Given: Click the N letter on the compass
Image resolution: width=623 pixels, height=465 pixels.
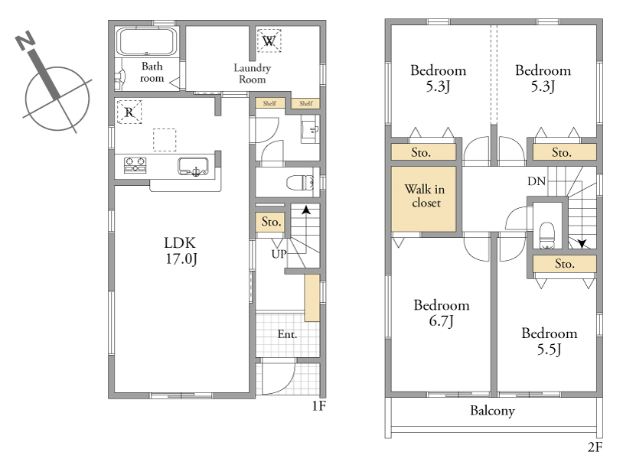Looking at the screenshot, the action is click(25, 40).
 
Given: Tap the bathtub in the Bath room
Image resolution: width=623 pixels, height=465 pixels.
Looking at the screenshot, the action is click(146, 42).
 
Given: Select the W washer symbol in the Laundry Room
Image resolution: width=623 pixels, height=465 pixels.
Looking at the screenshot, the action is click(269, 41).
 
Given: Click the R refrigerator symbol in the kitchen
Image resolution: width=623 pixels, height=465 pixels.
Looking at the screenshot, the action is click(129, 112).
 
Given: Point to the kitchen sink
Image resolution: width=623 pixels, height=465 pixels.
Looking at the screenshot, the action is click(193, 166).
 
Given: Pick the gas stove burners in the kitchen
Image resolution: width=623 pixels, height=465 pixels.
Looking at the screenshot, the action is click(135, 165).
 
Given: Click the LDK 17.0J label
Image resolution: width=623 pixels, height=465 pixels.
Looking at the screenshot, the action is click(181, 251).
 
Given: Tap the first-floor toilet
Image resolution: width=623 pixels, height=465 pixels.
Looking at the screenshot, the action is click(300, 183).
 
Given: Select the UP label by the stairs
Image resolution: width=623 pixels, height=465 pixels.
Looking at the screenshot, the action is click(279, 254).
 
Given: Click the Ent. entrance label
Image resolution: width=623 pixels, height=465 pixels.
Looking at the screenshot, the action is click(287, 334).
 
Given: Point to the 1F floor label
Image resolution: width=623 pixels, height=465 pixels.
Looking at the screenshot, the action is click(318, 406).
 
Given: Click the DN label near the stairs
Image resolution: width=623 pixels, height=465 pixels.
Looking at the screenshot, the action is click(537, 181).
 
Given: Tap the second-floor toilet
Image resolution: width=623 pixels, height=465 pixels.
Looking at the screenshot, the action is click(547, 235).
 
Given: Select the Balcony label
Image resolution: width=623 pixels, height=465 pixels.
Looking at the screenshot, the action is click(492, 411).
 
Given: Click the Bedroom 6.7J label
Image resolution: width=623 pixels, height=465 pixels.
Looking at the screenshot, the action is click(442, 313).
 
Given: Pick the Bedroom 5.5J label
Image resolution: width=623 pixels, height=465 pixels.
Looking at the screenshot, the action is click(550, 341).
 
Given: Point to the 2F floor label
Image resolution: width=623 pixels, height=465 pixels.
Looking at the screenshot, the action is click(595, 447).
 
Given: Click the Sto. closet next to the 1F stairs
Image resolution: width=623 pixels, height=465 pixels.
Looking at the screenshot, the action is click(271, 222).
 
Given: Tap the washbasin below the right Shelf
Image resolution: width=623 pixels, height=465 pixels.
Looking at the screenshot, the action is click(311, 128).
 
